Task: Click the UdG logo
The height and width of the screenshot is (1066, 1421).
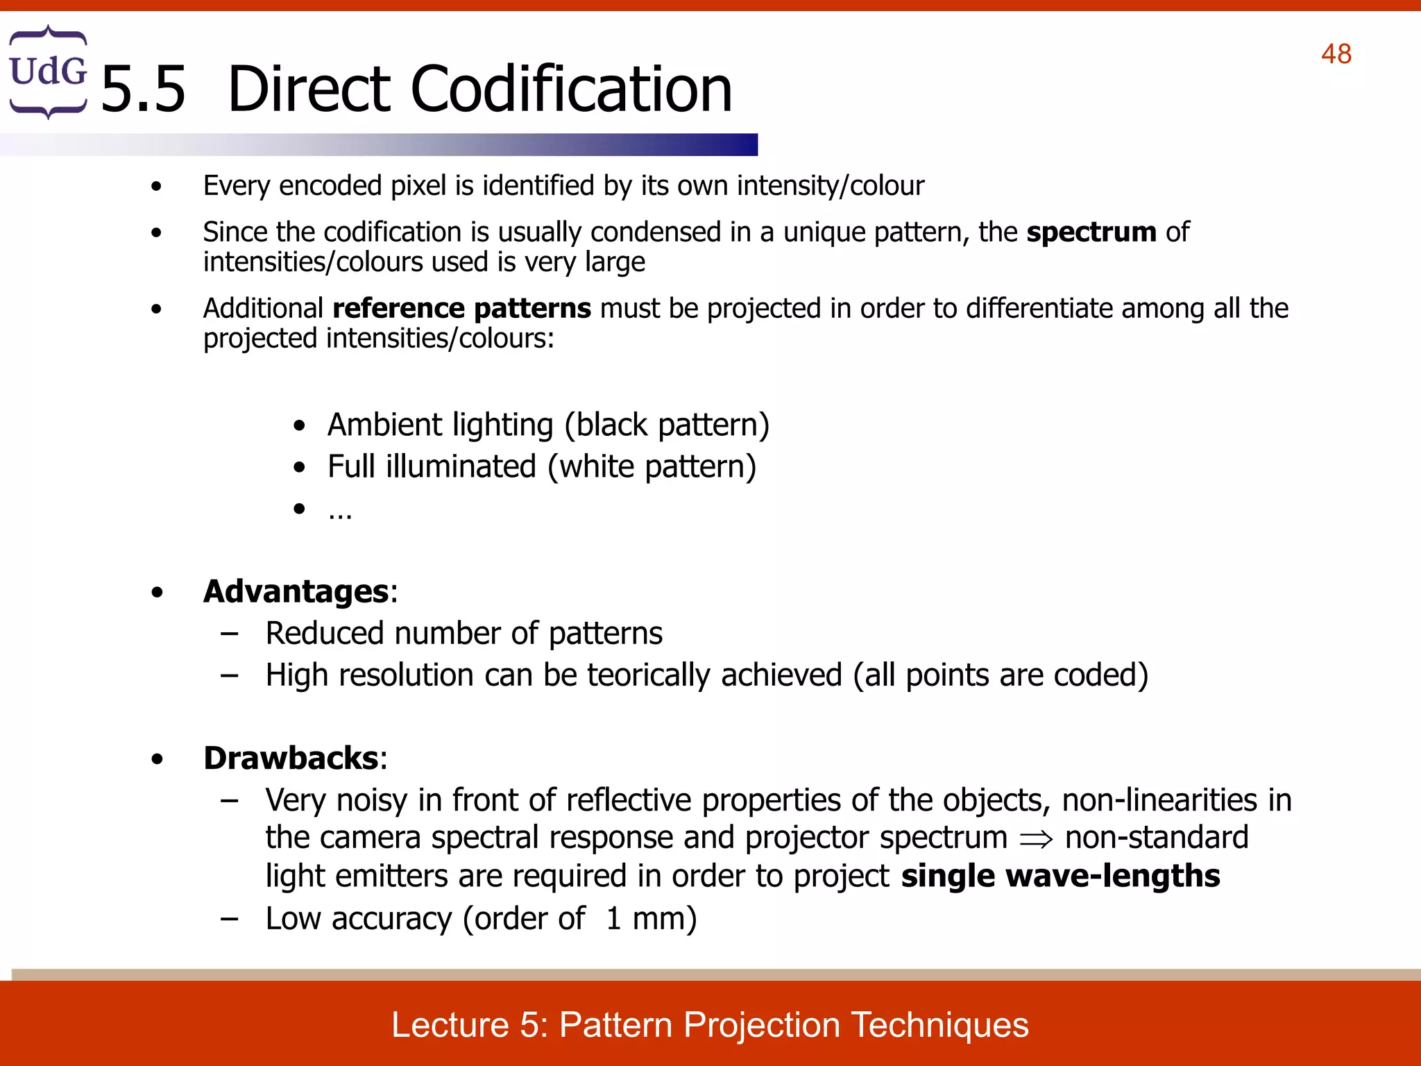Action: pyautogui.click(x=48, y=72)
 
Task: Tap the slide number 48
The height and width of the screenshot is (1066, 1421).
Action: pyautogui.click(x=1336, y=54)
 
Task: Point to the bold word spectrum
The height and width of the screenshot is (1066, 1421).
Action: pyautogui.click(x=1091, y=232)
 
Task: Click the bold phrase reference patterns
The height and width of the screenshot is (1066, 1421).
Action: pyautogui.click(x=461, y=308)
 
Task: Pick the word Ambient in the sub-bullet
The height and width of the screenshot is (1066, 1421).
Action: pyautogui.click(x=384, y=424)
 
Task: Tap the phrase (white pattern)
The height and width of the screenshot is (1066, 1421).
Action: pyautogui.click(x=652, y=466)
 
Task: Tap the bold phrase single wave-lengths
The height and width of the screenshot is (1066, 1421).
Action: pyautogui.click(x=1060, y=876)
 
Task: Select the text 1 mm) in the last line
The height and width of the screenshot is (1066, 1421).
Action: pyautogui.click(x=651, y=919)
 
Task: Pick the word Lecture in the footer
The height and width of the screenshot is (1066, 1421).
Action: pyautogui.click(x=450, y=1025)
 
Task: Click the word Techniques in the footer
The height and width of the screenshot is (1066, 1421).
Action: pyautogui.click(x=940, y=1025)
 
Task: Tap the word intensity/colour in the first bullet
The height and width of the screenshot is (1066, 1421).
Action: pyautogui.click(x=830, y=186)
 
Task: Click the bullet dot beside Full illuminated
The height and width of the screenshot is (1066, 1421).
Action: pyautogui.click(x=299, y=468)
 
